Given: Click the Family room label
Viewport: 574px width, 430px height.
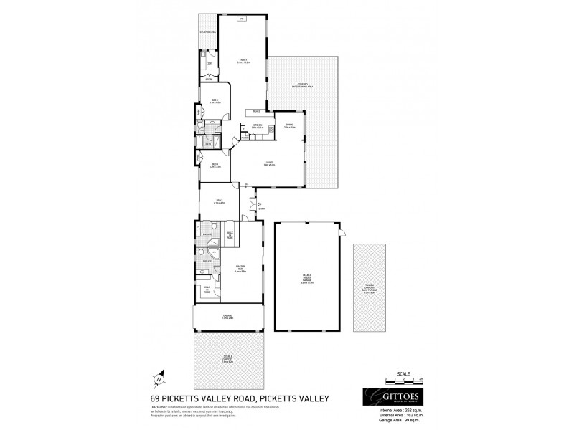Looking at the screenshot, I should click(243, 61).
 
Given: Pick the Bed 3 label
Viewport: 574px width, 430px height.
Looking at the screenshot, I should click(214, 101).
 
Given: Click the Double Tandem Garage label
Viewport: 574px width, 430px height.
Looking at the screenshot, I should click(307, 281).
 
